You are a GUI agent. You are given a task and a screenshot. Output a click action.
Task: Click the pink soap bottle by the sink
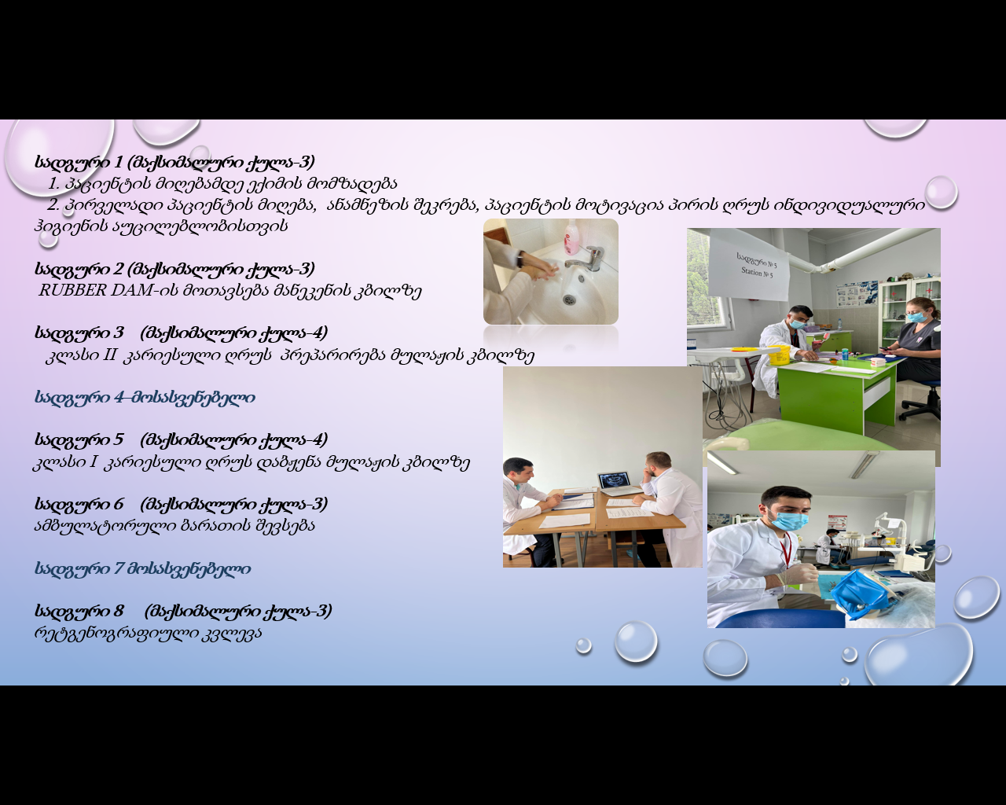(573, 237)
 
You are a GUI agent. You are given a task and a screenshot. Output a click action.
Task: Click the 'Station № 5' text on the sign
(757, 271)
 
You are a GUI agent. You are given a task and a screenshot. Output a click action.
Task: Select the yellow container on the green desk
(778, 355)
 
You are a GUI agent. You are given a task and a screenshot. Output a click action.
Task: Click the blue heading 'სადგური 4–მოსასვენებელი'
(145, 398)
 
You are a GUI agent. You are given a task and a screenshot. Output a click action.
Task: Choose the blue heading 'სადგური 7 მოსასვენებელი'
(142, 569)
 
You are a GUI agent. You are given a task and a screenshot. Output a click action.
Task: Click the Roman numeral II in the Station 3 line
(108, 355)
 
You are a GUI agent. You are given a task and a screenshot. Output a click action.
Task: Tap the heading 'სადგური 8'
(79, 611)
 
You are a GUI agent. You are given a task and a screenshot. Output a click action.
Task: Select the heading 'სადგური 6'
(79, 504)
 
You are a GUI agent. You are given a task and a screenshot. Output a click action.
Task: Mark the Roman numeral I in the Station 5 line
(94, 462)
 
